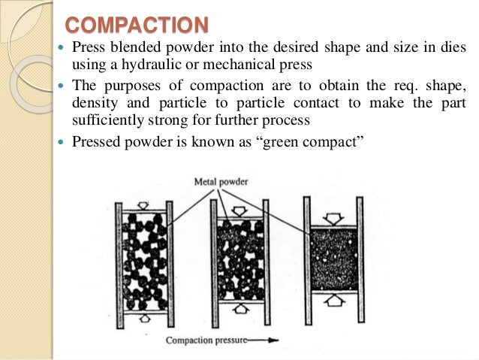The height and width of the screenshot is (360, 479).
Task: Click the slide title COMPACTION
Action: coord(136,25)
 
